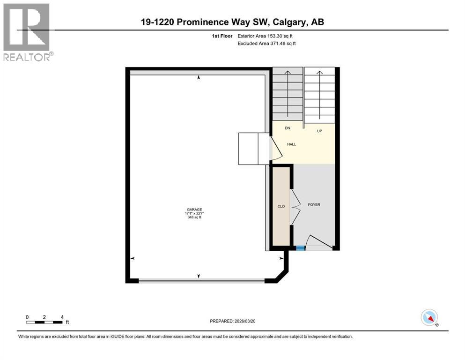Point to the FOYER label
tap(314, 205)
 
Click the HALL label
tap(291, 144)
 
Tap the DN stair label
tap(288, 127)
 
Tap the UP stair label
tap(319, 131)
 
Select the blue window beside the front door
tap(300, 248)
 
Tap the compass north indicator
tap(429, 318)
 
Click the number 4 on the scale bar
tap(62, 317)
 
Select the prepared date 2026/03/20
tap(247, 321)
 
